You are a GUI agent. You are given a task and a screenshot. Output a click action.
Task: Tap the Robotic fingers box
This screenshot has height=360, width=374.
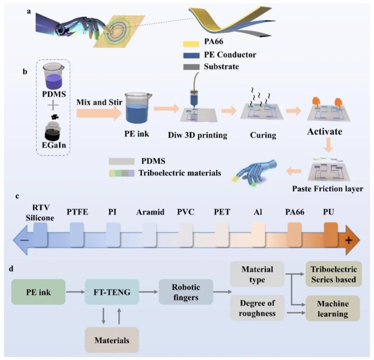pos(186,291)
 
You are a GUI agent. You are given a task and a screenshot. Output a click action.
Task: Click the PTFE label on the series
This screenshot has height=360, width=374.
pos(76,212)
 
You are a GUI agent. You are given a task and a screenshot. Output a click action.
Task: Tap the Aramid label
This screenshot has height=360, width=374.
pos(151,212)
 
